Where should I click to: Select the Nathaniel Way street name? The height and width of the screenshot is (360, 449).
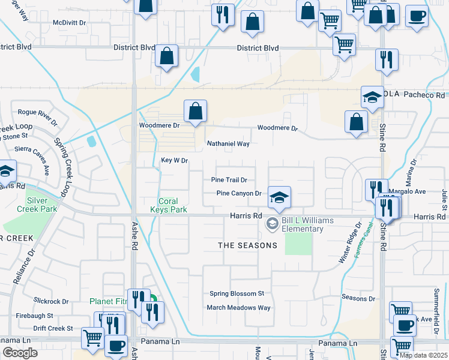click(x=228, y=144)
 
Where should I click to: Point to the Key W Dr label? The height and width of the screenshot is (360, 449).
click(x=175, y=160)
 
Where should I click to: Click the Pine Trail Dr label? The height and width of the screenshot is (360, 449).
click(x=229, y=180)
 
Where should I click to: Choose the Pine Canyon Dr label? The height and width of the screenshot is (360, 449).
click(x=239, y=193)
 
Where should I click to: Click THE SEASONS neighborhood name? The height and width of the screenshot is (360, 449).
click(x=247, y=245)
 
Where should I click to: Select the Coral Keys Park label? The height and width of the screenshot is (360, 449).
click(x=172, y=205)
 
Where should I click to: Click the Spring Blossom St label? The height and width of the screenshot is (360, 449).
click(x=237, y=293)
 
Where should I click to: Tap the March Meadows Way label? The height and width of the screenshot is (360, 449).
click(x=239, y=307)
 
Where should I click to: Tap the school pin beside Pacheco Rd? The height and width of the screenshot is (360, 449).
click(x=372, y=97)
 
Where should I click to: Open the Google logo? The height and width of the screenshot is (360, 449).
click(x=20, y=353)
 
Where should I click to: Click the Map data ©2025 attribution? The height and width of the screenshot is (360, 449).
click(x=423, y=355)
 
